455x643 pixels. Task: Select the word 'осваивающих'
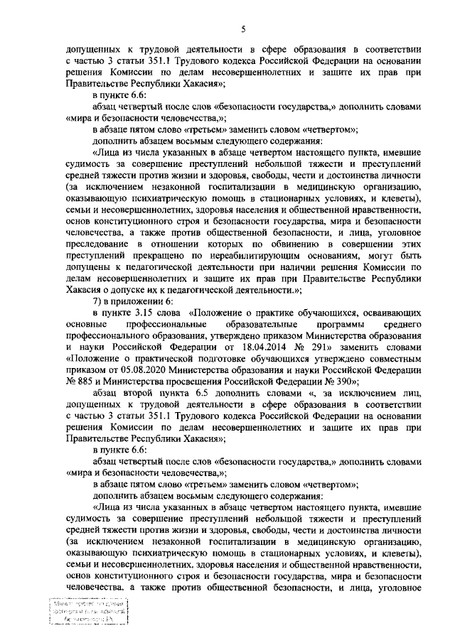[x=394, y=317]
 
